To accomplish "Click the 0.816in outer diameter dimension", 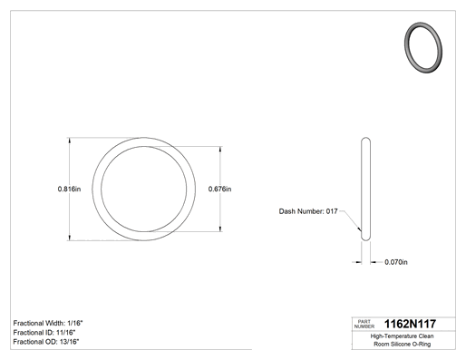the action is click(x=69, y=189).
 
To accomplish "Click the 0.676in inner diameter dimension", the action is click(x=219, y=189).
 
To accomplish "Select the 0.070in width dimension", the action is click(x=396, y=262).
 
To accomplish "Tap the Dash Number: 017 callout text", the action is click(x=308, y=211).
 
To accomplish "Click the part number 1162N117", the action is click(x=410, y=324).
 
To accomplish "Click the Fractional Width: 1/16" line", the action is click(x=48, y=323).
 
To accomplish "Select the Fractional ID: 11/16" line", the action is click(x=44, y=333).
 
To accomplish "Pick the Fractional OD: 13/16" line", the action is click(x=46, y=342).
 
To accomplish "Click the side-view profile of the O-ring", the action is click(x=365, y=189).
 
